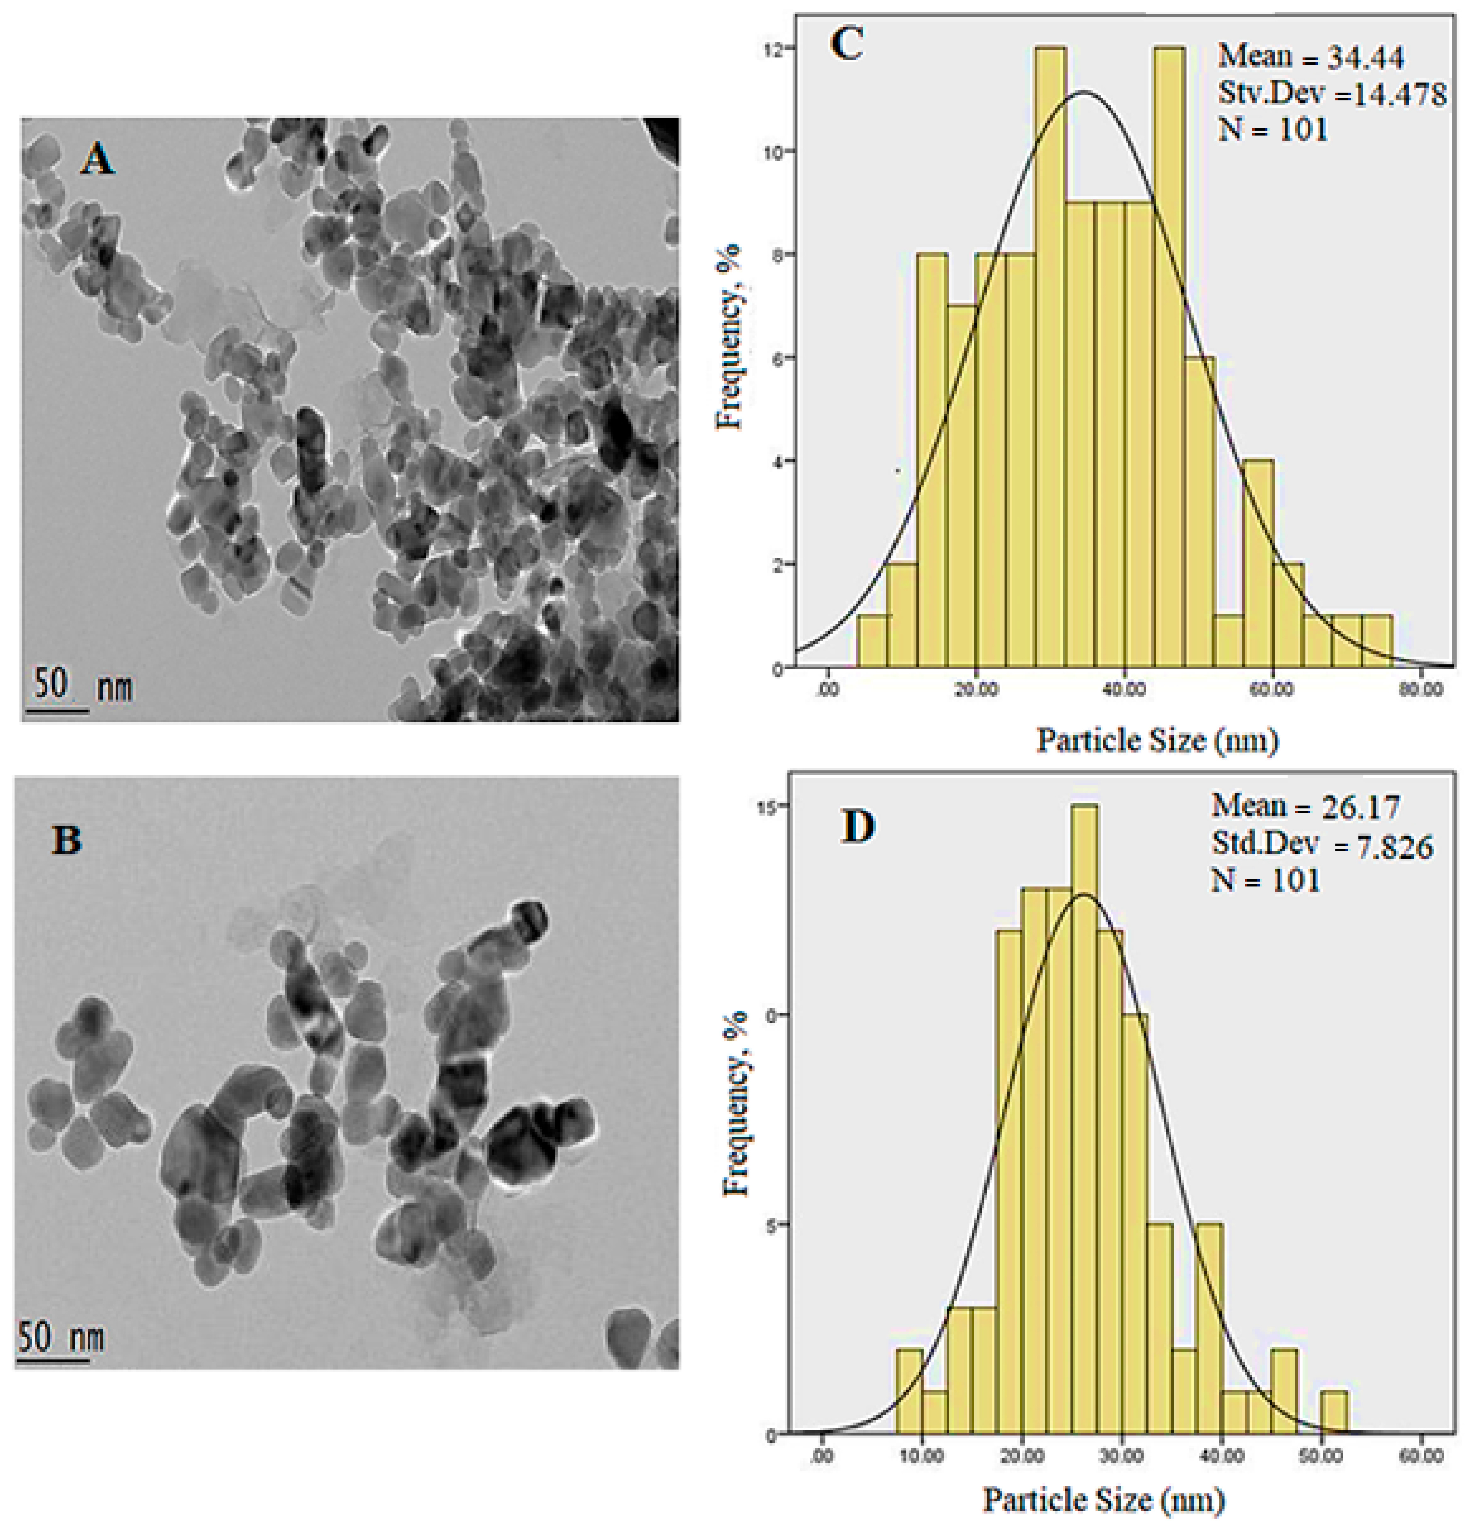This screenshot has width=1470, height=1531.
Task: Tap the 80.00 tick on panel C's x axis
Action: tap(1420, 690)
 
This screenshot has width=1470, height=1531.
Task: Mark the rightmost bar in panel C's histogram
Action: tap(1376, 641)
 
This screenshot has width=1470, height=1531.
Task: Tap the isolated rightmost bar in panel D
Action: tap(1334, 1411)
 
